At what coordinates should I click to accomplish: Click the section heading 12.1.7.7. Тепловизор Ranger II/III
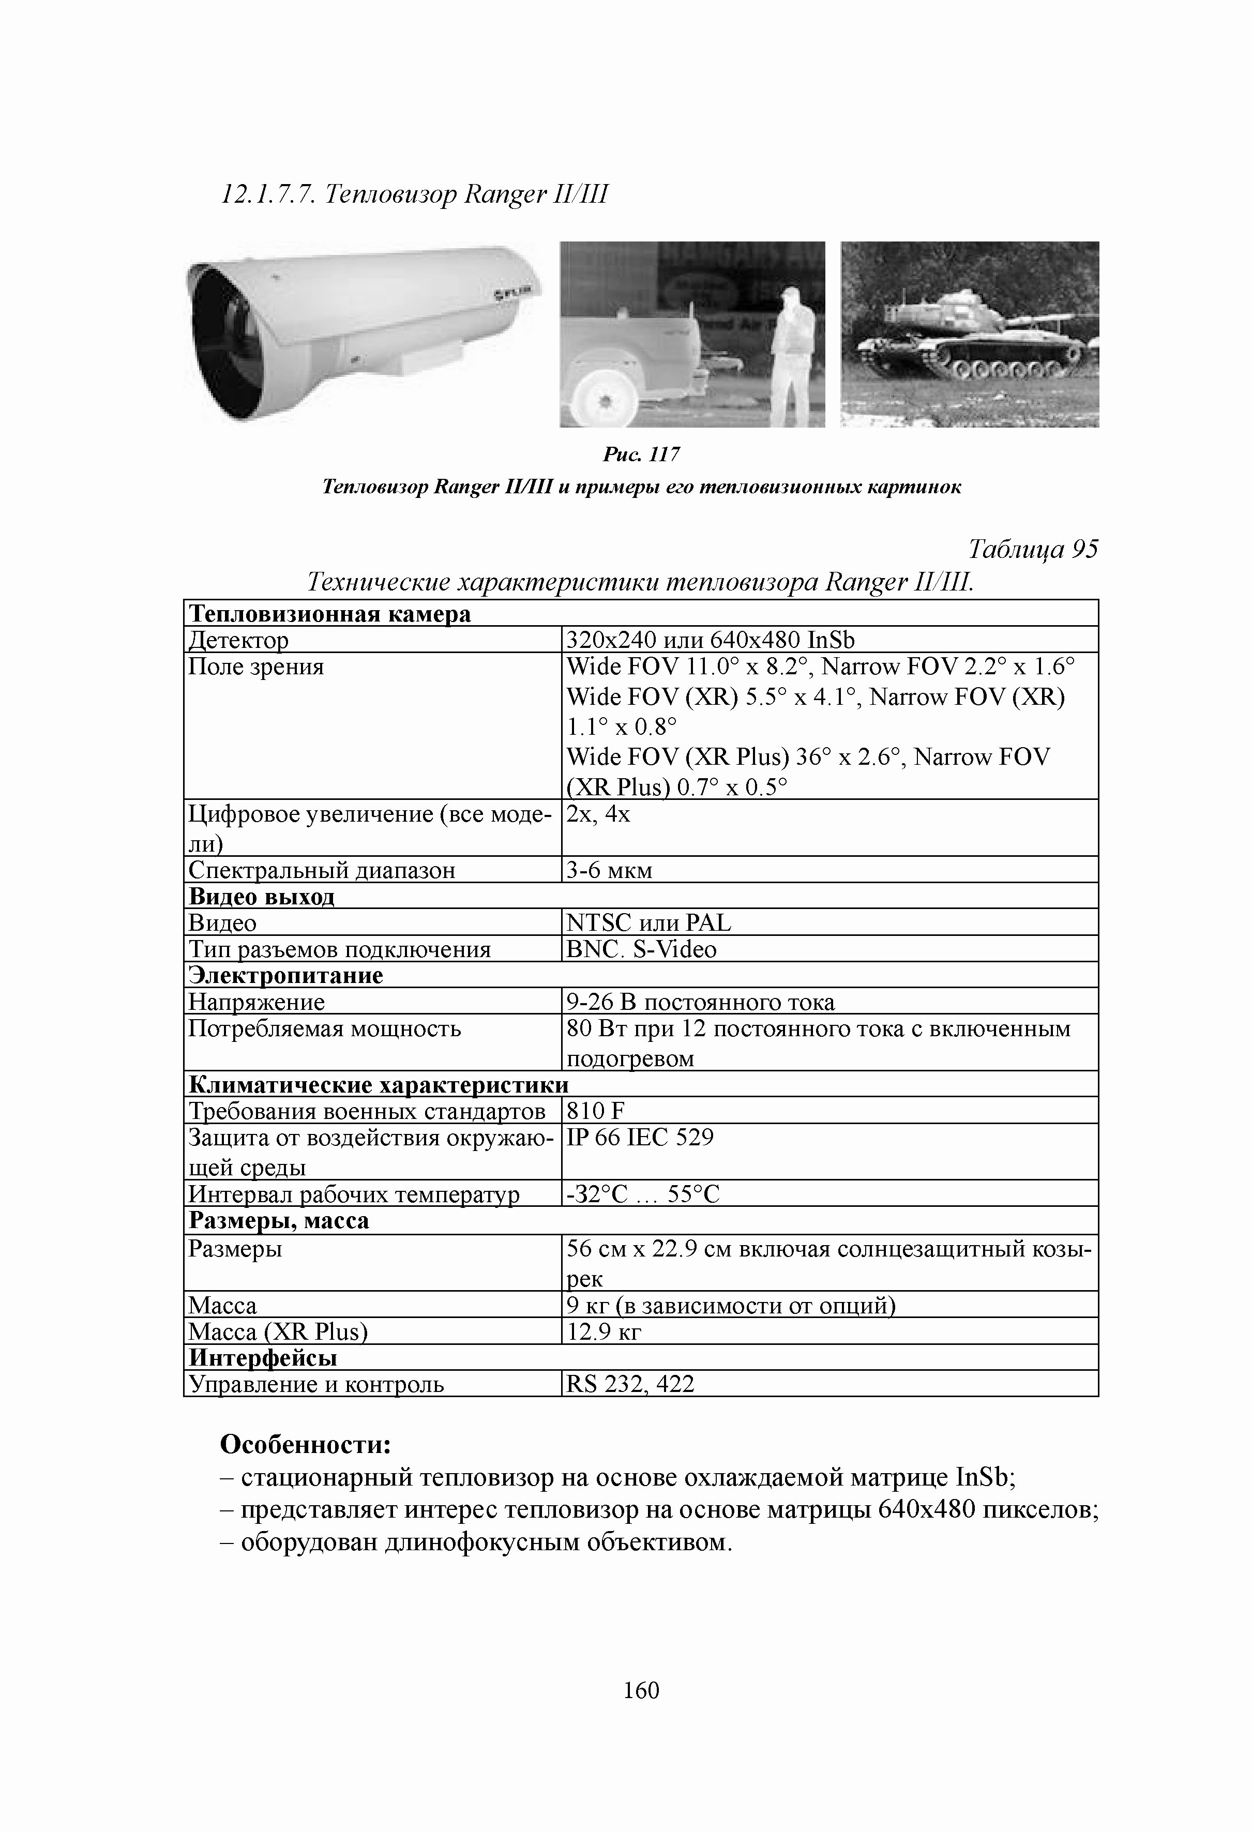tap(415, 194)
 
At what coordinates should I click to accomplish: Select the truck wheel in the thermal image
tap(606, 400)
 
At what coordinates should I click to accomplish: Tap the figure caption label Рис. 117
tap(640, 454)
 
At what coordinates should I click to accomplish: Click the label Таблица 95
tap(1032, 549)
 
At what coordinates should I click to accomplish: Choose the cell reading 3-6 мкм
tap(609, 870)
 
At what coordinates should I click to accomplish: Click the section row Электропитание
tap(285, 975)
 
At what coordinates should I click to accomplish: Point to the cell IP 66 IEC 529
tap(639, 1138)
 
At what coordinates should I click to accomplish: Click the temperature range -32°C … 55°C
tap(643, 1194)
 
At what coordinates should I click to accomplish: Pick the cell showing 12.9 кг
tap(604, 1332)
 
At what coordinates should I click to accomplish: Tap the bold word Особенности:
tap(306, 1445)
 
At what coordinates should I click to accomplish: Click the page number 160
tap(640, 1690)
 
